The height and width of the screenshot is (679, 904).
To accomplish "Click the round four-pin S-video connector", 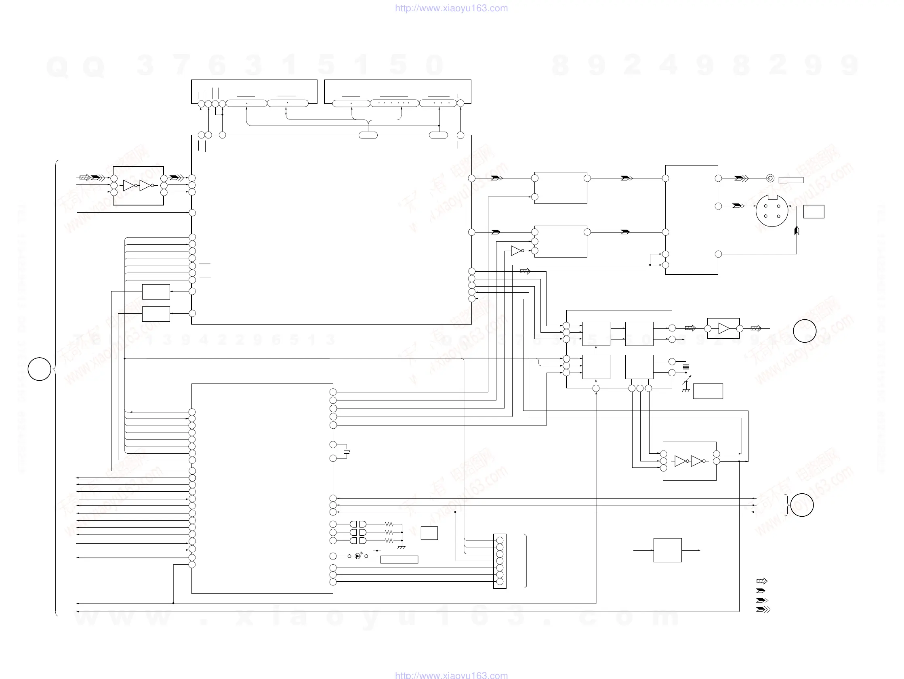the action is coord(772,211).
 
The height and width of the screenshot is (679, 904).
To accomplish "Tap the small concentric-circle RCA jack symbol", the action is coord(770,178).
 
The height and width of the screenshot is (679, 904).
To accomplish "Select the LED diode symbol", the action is coord(358,556).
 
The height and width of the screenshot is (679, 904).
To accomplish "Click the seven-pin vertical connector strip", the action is coord(499,561).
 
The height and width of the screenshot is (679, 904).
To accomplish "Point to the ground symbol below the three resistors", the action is coord(402,546).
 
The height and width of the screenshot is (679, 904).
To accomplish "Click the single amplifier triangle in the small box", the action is coord(723,329).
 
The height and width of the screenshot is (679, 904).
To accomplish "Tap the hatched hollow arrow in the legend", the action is coord(762,581).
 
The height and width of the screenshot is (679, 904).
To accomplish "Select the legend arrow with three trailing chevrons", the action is coord(763,610).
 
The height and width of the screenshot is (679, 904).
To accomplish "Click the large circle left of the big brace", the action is coord(39,369).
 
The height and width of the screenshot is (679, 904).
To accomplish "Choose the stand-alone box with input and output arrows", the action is coord(667,550).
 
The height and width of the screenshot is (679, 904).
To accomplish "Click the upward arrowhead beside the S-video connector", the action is coord(797,231).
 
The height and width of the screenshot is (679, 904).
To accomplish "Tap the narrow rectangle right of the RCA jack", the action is coord(791,180).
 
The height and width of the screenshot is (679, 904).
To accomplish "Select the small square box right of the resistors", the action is coord(429,533).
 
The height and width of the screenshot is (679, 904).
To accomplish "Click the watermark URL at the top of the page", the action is coord(451,8).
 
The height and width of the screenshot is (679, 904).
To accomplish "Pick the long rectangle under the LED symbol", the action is coord(399,560).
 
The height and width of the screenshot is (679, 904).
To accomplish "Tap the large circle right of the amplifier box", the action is coord(804,331).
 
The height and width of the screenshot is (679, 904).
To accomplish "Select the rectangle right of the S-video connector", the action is coord(813,212).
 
